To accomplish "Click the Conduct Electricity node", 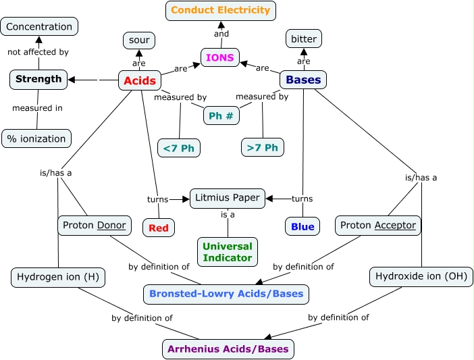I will click(x=221, y=11).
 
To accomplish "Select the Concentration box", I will click(x=39, y=27).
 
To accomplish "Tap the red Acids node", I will click(x=140, y=81).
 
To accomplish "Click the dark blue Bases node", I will click(x=303, y=80).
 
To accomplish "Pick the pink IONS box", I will click(x=220, y=58).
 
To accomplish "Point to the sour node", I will click(x=139, y=41).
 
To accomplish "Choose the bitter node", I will click(x=303, y=39).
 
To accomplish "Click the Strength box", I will click(x=38, y=79).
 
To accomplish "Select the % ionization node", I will click(x=36, y=139).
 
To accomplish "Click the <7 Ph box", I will click(x=179, y=147).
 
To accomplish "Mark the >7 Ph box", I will click(x=263, y=147).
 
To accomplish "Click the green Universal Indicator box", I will click(x=227, y=252).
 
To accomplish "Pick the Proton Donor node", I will click(x=95, y=226).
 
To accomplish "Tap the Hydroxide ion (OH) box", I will click(x=421, y=276).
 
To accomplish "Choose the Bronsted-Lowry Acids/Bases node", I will click(x=227, y=294).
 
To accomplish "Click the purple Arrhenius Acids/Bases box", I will click(x=228, y=349).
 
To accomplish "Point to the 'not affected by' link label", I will click(x=38, y=52).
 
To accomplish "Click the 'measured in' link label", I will click(x=38, y=108).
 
